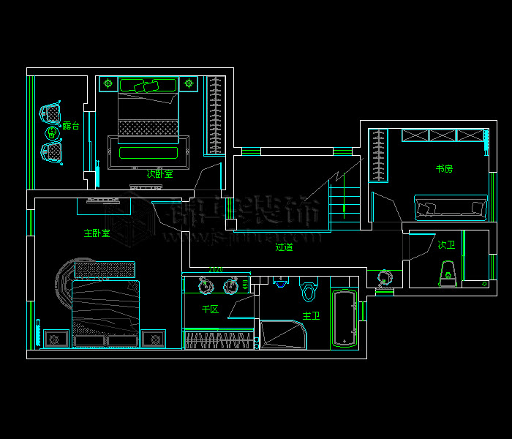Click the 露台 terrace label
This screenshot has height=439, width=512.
tap(70, 126)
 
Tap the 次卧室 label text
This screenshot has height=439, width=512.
tap(159, 174)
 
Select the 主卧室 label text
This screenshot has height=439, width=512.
tap(97, 233)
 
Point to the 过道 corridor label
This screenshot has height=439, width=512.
tap(284, 247)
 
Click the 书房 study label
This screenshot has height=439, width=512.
tap(444, 169)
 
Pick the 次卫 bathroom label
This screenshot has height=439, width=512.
tap(446, 245)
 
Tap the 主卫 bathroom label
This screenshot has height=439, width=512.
tap(311, 316)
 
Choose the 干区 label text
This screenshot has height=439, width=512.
tap(210, 309)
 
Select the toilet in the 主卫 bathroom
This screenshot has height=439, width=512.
tap(308, 290)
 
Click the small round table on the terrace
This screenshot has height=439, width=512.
tap(51, 133)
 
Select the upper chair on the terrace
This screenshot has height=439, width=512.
tap(51, 113)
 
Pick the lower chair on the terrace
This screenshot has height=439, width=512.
tap(51, 152)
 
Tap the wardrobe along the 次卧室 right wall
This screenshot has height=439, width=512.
tap(214, 116)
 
